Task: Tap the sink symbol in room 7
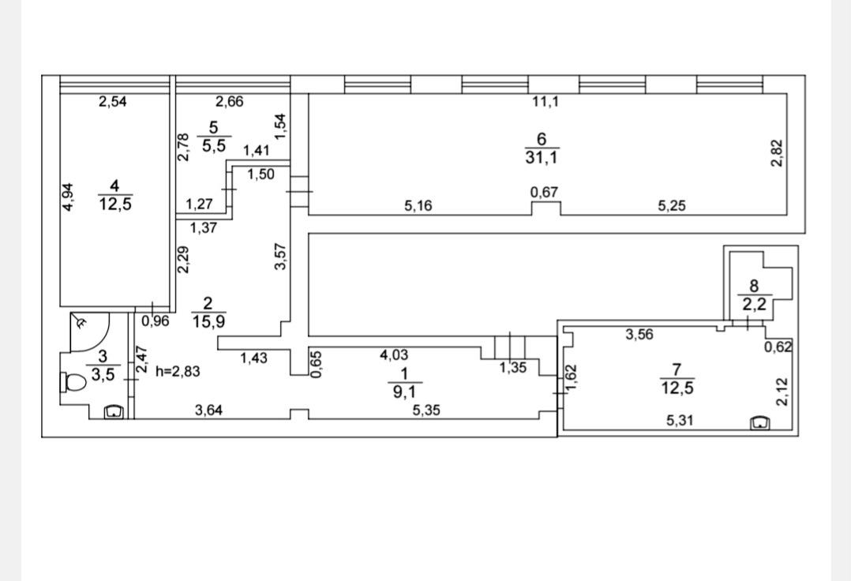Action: click(x=759, y=422)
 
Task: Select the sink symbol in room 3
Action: click(x=114, y=412)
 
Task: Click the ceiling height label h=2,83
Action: click(x=178, y=372)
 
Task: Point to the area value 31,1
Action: click(x=541, y=158)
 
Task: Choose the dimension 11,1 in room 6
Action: click(x=545, y=102)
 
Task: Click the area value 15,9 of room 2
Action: click(x=208, y=322)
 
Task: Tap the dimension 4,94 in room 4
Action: click(x=68, y=197)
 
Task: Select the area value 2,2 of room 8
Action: click(x=755, y=305)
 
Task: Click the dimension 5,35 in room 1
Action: click(x=426, y=410)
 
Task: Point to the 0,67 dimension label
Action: click(x=545, y=193)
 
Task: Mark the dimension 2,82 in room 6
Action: click(x=778, y=153)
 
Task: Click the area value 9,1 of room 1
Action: click(x=404, y=391)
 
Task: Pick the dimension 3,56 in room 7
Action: click(x=639, y=335)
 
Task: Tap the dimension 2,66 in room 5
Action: click(x=230, y=102)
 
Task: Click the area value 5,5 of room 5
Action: click(x=213, y=146)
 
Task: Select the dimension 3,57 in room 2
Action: click(x=280, y=256)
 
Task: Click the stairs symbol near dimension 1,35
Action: click(x=510, y=346)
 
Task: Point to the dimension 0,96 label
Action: click(x=156, y=321)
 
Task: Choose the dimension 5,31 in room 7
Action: click(x=680, y=421)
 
